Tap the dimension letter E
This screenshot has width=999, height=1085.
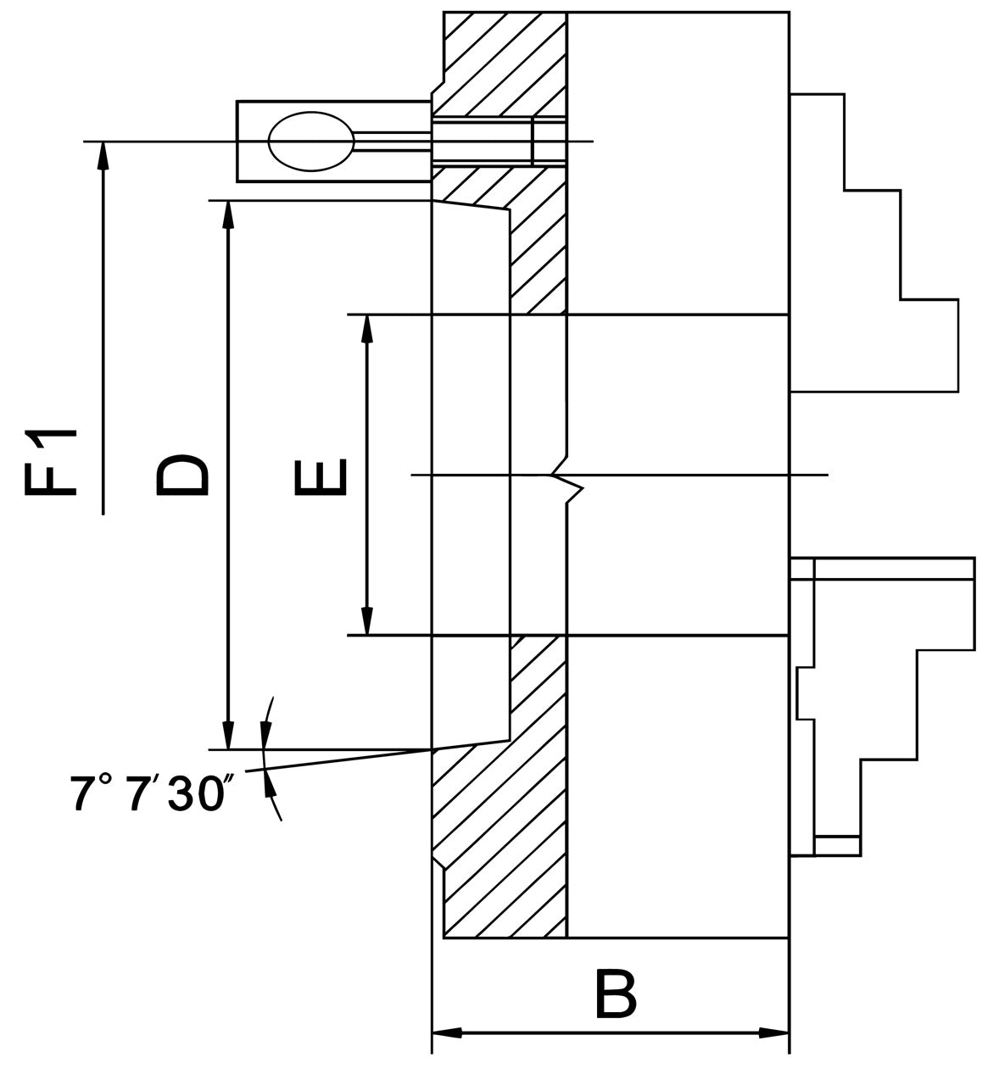point(321,476)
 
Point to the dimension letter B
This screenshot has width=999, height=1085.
point(615,995)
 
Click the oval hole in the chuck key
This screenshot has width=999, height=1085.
point(310,141)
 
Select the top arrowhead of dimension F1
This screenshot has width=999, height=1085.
point(103,155)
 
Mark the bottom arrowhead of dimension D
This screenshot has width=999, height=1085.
point(226,735)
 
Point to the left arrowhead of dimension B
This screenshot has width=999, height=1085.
point(447,1033)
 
